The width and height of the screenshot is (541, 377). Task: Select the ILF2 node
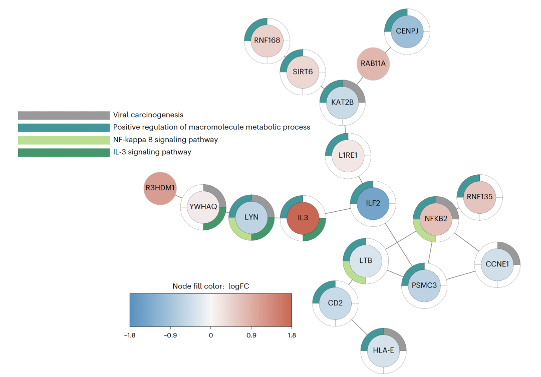(x=373, y=203)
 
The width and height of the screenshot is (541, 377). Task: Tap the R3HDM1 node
(x=161, y=188)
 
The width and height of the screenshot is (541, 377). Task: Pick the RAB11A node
(x=373, y=64)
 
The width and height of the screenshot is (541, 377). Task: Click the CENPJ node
(x=407, y=31)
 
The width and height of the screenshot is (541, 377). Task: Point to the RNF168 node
(x=267, y=41)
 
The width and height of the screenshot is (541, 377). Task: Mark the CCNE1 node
(x=497, y=264)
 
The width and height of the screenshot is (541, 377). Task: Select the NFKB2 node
(x=435, y=218)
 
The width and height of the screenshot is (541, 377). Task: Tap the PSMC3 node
(x=423, y=285)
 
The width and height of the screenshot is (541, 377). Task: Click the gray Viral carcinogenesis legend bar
(x=64, y=115)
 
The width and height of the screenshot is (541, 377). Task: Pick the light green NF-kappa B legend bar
(x=64, y=140)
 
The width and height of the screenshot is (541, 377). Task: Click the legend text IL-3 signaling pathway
(x=152, y=152)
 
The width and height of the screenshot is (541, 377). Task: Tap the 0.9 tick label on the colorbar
(x=251, y=335)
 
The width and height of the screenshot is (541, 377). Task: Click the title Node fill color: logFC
(x=210, y=286)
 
